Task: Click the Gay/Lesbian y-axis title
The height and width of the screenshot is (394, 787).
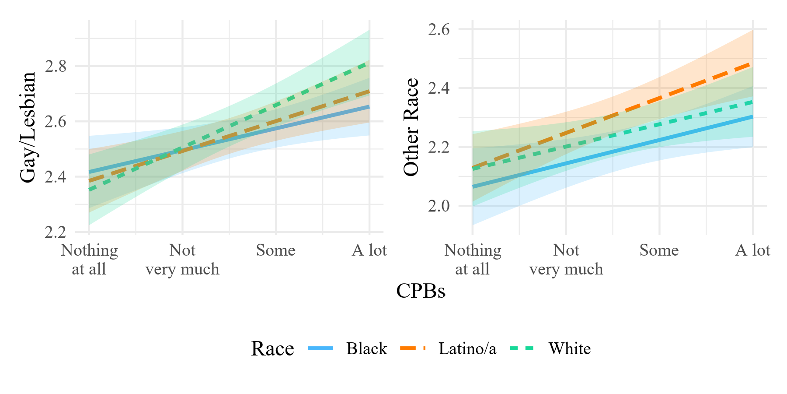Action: pos(28,127)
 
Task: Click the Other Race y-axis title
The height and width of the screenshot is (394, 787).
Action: pos(411,127)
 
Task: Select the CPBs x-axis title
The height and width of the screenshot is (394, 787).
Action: pos(421,291)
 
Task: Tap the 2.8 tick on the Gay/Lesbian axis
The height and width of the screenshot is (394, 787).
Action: pos(56,66)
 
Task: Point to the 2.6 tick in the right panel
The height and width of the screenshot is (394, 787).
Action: pos(439,29)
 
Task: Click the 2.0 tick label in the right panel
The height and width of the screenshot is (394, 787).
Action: pos(439,205)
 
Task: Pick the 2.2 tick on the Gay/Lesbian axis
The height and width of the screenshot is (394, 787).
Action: pos(56,232)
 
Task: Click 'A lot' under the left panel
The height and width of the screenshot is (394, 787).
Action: pos(369,250)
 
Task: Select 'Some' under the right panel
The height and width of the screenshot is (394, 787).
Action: pos(659,250)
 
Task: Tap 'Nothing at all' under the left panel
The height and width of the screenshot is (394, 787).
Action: pos(89,259)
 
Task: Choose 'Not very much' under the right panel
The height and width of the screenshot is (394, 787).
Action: pos(566,259)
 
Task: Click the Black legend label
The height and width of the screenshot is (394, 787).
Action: pos(366,348)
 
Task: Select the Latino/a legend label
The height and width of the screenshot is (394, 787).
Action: pos(467,348)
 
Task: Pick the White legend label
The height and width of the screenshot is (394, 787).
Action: pos(570,348)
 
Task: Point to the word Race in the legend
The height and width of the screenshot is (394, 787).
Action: pos(272,348)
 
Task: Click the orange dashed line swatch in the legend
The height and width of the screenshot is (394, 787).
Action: pos(413,348)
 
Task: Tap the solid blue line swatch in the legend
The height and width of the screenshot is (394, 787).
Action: pos(320,348)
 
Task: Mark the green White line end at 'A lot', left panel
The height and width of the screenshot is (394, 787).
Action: pos(368,63)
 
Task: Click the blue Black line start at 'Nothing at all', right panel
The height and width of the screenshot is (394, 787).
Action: pos(474,186)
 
